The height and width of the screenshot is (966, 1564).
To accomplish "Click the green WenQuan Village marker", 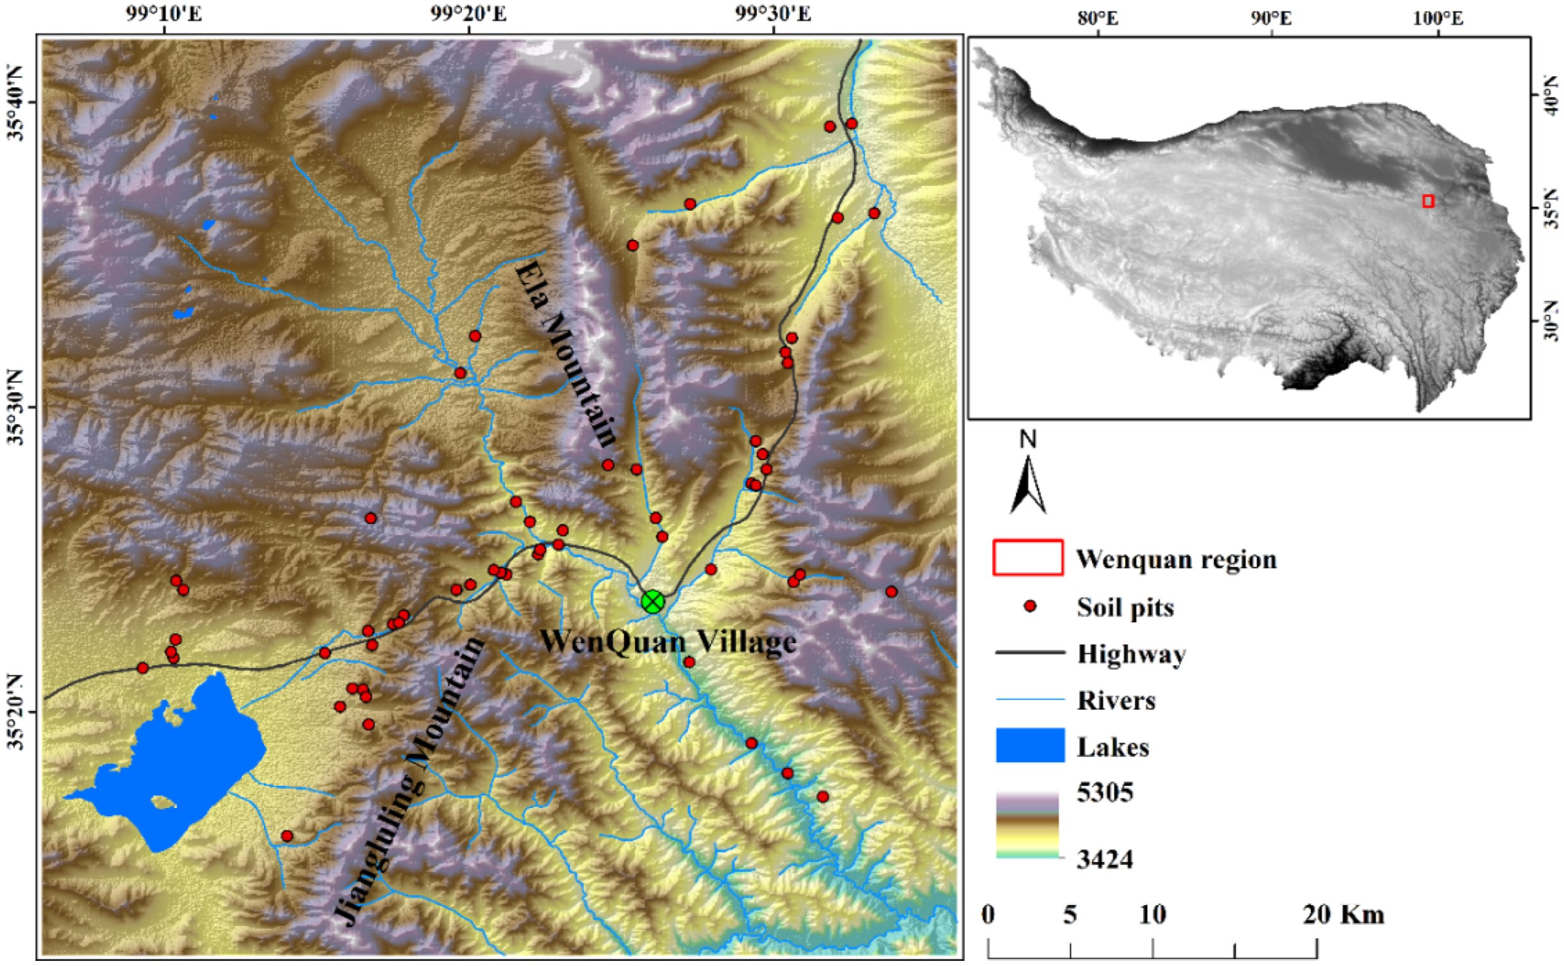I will (x=652, y=601).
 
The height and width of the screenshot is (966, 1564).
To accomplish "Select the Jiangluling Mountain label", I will (x=409, y=782).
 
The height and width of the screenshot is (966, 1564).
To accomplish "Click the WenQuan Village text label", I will (x=668, y=642).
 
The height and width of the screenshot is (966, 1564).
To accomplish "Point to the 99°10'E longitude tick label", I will (x=164, y=13).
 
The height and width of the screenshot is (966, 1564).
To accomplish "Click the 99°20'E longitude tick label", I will (x=468, y=13).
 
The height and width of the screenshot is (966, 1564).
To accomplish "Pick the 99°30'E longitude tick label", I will (x=773, y=13).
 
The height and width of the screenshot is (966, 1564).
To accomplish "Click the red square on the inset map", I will (x=1429, y=201).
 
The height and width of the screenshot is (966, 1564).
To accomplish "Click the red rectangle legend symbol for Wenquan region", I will (x=1028, y=558).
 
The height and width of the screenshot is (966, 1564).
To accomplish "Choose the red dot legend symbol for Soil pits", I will (x=1030, y=606).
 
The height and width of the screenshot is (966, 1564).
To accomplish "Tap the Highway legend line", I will (x=1030, y=652).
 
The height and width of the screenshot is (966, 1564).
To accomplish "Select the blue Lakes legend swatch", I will (x=1030, y=745).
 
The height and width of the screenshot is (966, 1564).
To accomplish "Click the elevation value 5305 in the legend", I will (x=1105, y=792).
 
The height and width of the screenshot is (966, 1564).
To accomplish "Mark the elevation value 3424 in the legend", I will (x=1105, y=859).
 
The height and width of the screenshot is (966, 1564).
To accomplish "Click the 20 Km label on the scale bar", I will (x=1344, y=915).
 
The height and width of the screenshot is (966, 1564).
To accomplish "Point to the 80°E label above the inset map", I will (x=1098, y=18).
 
